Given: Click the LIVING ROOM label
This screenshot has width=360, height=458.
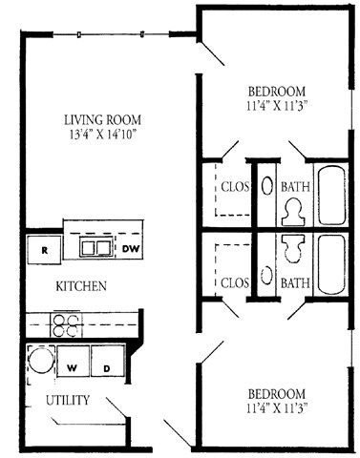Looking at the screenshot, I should [x=102, y=120].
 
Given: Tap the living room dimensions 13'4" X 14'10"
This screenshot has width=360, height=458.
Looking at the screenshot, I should [x=102, y=135].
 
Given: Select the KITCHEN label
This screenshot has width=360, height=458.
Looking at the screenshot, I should [x=80, y=286].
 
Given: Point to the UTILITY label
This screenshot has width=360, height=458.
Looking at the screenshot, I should [x=67, y=401].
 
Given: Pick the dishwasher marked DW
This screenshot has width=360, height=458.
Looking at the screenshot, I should [x=129, y=249].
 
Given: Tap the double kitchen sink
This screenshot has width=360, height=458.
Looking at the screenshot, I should [x=93, y=248].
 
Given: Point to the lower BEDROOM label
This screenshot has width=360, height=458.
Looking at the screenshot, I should [x=276, y=394].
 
